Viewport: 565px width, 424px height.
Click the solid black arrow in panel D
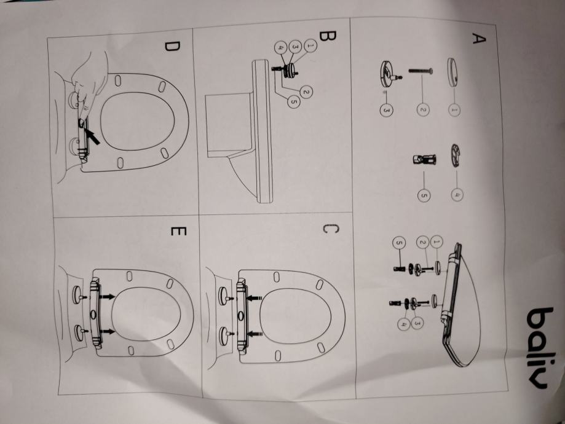[x=90, y=132]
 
